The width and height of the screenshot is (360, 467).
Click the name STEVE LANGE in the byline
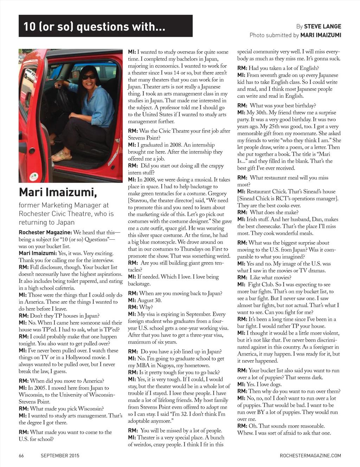[322, 26]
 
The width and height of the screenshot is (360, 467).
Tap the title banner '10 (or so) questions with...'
[105, 26]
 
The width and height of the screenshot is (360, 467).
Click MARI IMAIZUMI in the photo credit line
[321, 35]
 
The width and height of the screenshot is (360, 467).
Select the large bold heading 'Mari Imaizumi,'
[58, 192]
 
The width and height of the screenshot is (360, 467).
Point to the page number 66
[21, 456]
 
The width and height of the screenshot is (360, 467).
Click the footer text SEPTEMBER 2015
[60, 456]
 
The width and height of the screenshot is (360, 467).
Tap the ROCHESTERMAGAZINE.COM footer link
[310, 456]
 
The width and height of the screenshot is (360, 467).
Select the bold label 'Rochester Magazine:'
[45, 233]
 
